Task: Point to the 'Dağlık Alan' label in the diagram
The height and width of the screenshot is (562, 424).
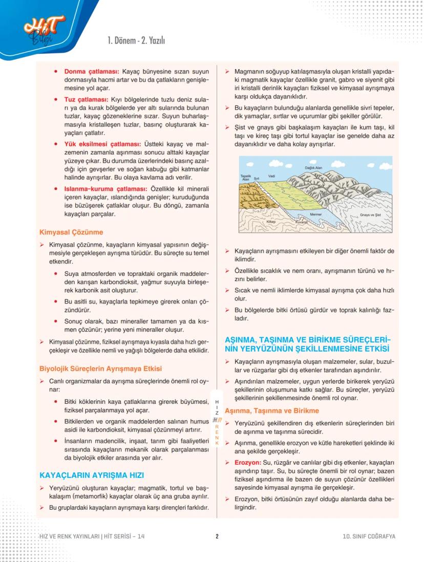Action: click(x=313, y=168)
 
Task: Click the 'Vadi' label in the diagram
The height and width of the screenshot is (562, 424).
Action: click(x=272, y=176)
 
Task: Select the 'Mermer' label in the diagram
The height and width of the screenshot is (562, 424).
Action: click(x=315, y=214)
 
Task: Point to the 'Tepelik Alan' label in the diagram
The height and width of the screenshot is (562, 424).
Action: click(x=245, y=178)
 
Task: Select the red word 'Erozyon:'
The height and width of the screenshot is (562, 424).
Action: click(x=248, y=462)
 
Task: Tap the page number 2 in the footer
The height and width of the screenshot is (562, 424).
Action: click(x=217, y=536)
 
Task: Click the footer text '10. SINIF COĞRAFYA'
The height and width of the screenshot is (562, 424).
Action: click(x=369, y=536)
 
